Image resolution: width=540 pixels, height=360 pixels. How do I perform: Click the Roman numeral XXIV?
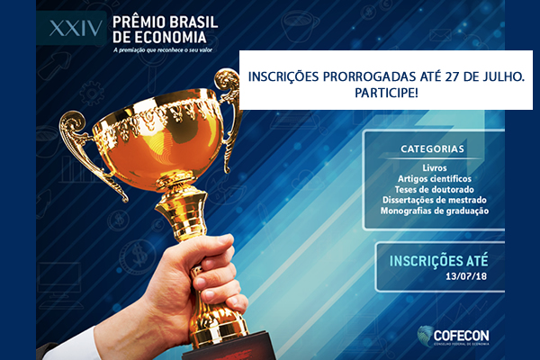(76, 28)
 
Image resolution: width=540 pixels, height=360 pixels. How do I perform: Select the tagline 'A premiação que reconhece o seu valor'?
(163, 50)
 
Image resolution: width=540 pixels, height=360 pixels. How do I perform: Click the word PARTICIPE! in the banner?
(386, 93)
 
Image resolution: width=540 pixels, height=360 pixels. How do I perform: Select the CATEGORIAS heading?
(432, 148)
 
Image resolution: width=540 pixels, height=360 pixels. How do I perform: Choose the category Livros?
(435, 167)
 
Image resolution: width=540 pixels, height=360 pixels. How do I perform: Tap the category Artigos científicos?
(435, 179)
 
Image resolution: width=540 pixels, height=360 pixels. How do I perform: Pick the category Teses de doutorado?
(435, 190)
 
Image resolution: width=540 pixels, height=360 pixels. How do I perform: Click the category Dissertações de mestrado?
(435, 200)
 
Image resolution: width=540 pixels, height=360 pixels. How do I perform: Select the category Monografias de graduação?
(435, 211)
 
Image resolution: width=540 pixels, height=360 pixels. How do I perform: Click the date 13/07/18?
(466, 276)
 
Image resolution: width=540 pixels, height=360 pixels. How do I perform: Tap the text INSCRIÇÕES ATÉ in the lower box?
(439, 260)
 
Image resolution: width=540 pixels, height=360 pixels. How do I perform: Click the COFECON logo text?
(461, 335)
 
